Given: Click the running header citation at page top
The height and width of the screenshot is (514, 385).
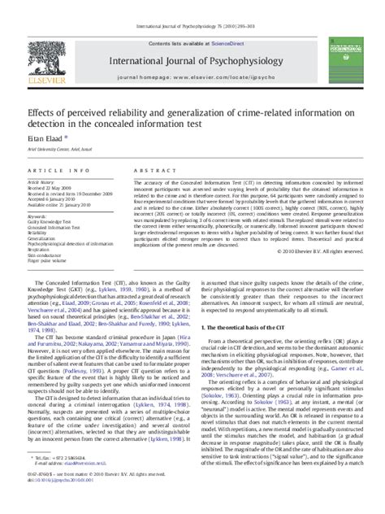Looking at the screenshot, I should pyautogui.click(x=192, y=6).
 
